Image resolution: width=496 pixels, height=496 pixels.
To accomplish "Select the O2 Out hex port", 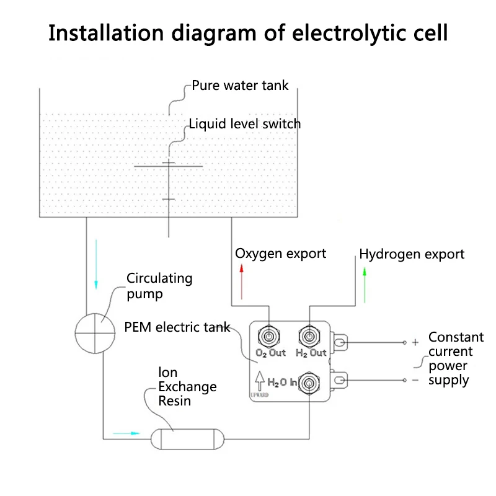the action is tap(269, 336).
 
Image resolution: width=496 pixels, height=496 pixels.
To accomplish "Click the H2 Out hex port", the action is tap(309, 336).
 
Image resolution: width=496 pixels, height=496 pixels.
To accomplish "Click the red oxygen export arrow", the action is tap(242, 282).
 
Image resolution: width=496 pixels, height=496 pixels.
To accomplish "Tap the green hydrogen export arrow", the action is tap(365, 285).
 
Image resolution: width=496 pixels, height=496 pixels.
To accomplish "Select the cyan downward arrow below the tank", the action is tap(96, 265).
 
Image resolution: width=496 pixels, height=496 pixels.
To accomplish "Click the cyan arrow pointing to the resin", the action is tap(126, 433).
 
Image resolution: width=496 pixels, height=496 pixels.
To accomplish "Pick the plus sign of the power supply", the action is tap(415, 342).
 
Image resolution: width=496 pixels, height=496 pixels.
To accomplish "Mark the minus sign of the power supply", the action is tap(415, 380).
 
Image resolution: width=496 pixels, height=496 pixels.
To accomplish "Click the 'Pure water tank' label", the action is tap(240, 86).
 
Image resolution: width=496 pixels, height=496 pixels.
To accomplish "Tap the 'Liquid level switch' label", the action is tap(244, 123).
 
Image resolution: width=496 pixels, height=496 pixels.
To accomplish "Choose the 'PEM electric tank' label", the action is tap(177, 327).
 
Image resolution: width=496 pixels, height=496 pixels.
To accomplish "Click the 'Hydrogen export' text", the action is tap(412, 254).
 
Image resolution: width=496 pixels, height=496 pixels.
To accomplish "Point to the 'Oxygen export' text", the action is tap(281, 254).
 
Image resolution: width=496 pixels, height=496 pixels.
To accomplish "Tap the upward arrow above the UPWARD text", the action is tap(260, 381).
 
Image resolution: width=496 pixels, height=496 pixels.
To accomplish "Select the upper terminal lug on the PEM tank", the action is tap(339, 342).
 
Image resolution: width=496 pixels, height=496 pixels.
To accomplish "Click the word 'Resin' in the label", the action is tap(175, 401).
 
